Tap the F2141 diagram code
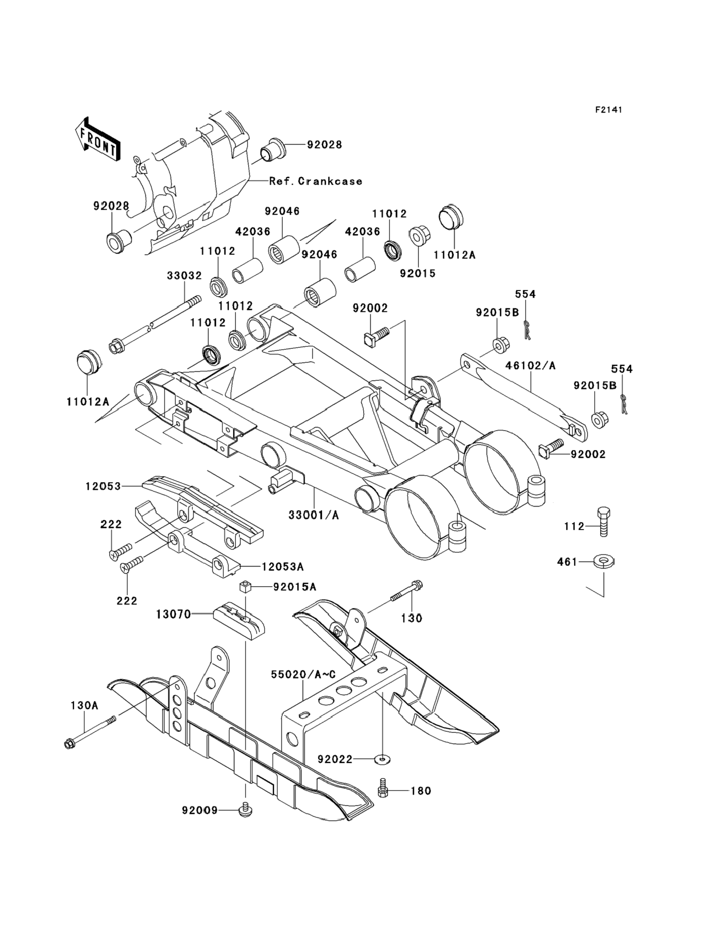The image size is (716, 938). pos(608,110)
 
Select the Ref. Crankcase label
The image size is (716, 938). pos(316,181)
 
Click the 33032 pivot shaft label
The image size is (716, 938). pos(184,276)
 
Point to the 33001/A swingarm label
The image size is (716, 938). pos(314,515)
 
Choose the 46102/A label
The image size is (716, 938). pos(531,366)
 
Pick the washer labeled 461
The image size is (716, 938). pos(604,562)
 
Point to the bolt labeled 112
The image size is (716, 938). pos(604,522)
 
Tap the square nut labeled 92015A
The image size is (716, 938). pos(244,587)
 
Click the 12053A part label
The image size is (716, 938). pos(283,567)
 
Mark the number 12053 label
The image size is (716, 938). pos(103,486)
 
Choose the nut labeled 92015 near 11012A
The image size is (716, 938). pos(420,236)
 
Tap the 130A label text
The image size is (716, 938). pos(85,706)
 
